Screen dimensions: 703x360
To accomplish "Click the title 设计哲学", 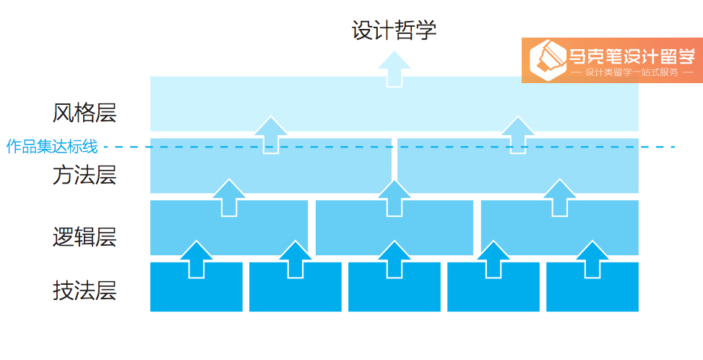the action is pos(394,30).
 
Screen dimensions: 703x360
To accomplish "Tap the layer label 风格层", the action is pos(85,113).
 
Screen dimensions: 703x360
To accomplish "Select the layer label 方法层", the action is pos(85,175).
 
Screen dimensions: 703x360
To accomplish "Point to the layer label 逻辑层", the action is pos(85,236).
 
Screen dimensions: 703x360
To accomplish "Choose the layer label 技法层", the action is pos(85,290).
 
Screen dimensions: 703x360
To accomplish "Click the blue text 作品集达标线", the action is pos(52,146).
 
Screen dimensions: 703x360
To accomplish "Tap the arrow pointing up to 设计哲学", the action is pos(394,69).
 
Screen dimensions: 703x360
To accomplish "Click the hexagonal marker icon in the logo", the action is pos(548,60).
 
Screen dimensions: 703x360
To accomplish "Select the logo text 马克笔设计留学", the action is pos(631,55).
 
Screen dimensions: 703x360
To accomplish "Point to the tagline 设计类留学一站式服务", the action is pos(631,72).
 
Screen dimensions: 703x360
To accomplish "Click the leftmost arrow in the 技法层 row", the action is pos(197,260).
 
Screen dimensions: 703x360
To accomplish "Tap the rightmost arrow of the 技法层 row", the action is pos(592,260).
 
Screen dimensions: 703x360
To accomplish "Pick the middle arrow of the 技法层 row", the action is pos(394,260).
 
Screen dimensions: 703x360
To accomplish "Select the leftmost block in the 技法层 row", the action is pos(197,286).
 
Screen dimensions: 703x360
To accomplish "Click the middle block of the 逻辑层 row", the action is pos(394,227).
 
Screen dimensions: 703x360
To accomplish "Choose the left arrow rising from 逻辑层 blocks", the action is pos(229,197).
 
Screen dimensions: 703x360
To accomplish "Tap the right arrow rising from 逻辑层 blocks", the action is pos(559,197).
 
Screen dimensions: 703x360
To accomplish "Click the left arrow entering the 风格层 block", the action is pos(271,135).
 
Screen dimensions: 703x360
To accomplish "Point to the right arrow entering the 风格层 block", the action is pos(518,135).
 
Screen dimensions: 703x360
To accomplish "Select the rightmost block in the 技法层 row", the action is pos(592,286).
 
